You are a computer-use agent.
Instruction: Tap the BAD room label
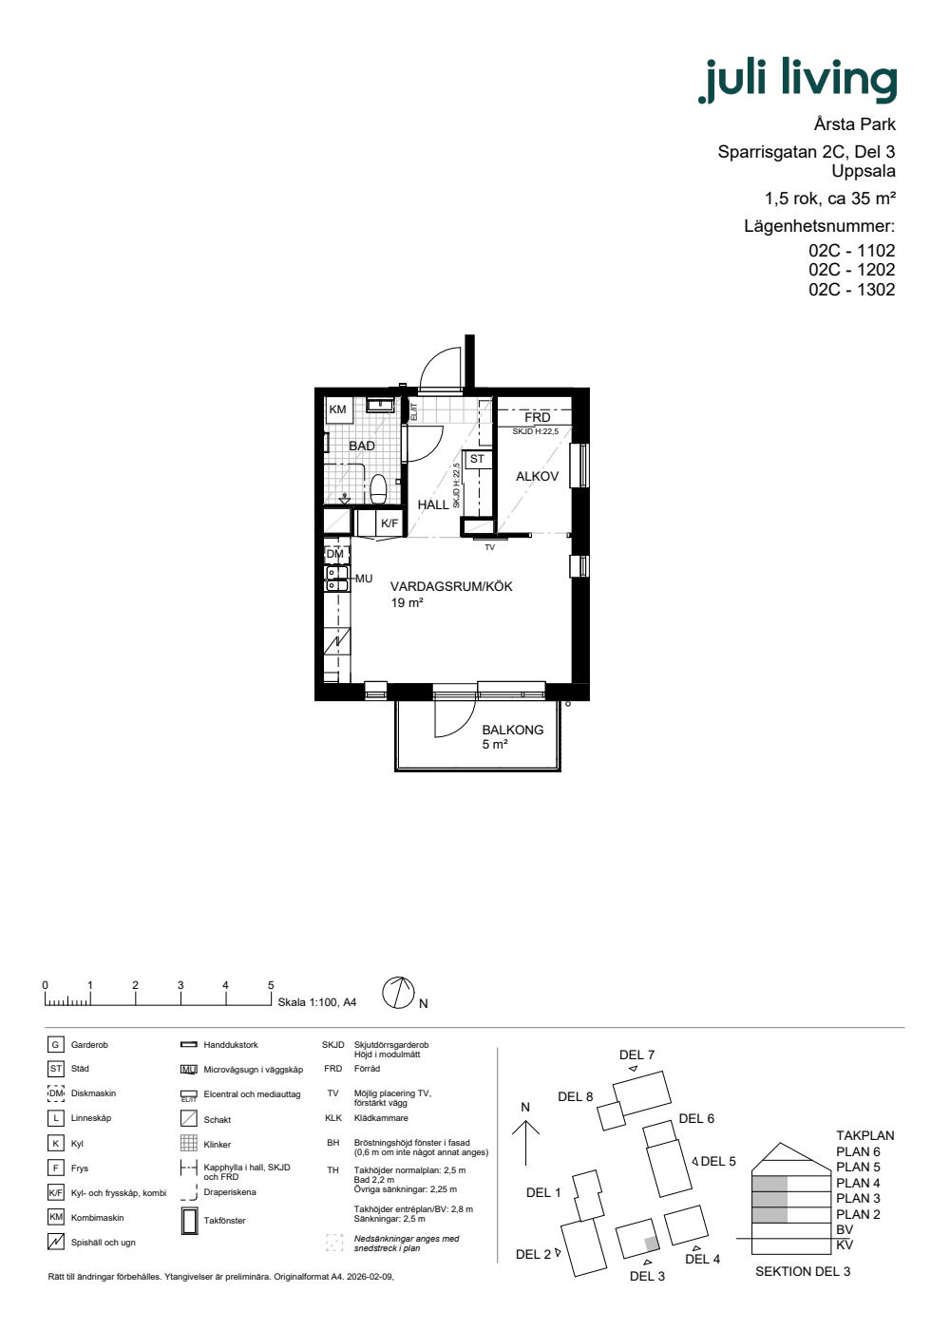362,446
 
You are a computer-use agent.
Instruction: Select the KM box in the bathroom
338,409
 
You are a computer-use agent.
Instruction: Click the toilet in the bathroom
378,488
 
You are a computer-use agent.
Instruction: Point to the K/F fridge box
389,523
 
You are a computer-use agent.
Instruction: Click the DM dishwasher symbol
335,554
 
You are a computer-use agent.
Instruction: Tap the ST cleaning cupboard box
477,459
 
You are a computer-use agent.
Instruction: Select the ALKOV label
537,476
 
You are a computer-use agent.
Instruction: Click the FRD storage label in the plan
538,417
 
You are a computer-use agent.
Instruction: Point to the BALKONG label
512,730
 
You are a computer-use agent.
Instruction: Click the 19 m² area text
407,602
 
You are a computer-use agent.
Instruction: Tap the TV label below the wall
490,547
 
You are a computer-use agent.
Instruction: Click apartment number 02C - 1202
851,270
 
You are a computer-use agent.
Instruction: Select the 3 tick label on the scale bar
180,985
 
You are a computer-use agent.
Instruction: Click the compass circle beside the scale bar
398,993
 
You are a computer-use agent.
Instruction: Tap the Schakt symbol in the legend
189,1119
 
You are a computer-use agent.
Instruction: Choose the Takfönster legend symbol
189,1221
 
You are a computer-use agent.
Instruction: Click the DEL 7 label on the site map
636,1054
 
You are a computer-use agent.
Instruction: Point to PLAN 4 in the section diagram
858,1183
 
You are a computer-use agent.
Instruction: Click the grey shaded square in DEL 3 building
652,1243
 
